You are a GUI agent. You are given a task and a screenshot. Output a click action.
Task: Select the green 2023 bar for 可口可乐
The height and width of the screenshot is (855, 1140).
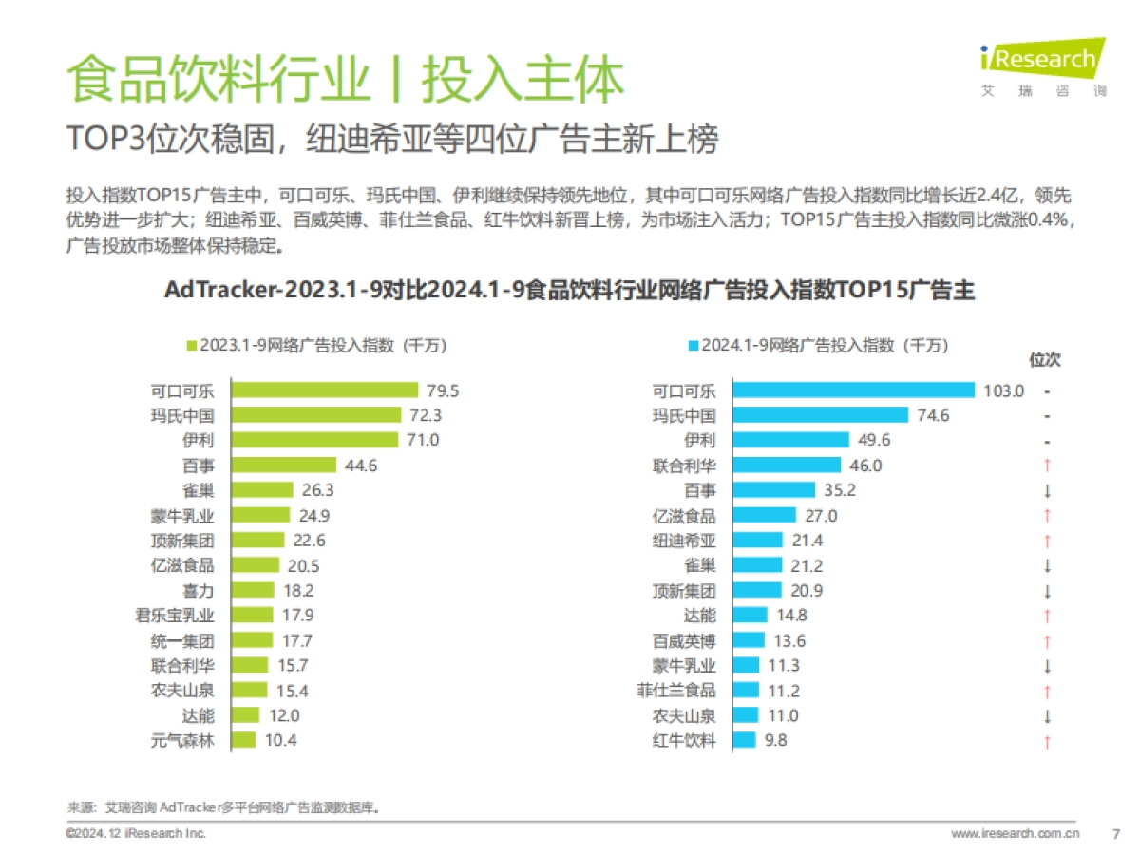325,390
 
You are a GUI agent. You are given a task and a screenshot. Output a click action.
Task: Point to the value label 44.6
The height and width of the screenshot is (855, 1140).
361,465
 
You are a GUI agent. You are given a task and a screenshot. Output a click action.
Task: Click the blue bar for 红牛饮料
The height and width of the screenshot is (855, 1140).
744,740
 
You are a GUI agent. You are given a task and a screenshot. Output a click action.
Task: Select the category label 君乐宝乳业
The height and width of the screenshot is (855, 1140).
176,615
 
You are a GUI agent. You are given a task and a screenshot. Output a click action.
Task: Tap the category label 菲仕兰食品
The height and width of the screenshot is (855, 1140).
676,691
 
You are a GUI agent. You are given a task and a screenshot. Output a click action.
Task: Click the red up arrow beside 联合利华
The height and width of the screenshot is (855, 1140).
1046,465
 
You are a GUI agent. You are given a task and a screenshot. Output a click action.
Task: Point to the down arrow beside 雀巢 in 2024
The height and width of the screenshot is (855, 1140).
1046,565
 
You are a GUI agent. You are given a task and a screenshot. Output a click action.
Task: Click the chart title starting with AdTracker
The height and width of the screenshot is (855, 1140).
570,290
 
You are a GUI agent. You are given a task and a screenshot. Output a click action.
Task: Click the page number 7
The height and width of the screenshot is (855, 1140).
1115,833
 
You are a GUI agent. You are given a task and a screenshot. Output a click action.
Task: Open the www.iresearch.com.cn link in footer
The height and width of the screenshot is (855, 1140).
1016,833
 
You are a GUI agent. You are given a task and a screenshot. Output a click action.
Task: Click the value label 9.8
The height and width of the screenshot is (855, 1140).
776,740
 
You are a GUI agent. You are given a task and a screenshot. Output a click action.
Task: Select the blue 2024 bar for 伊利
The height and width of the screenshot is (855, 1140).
790,440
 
